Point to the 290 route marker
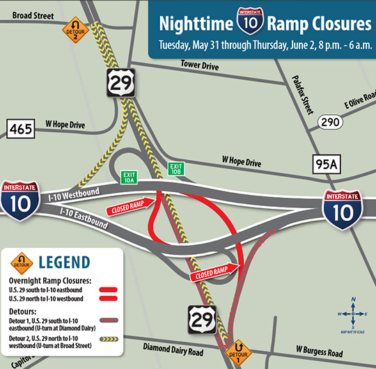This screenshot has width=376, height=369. point(329,122)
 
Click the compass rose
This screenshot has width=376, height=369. point(354,312)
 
